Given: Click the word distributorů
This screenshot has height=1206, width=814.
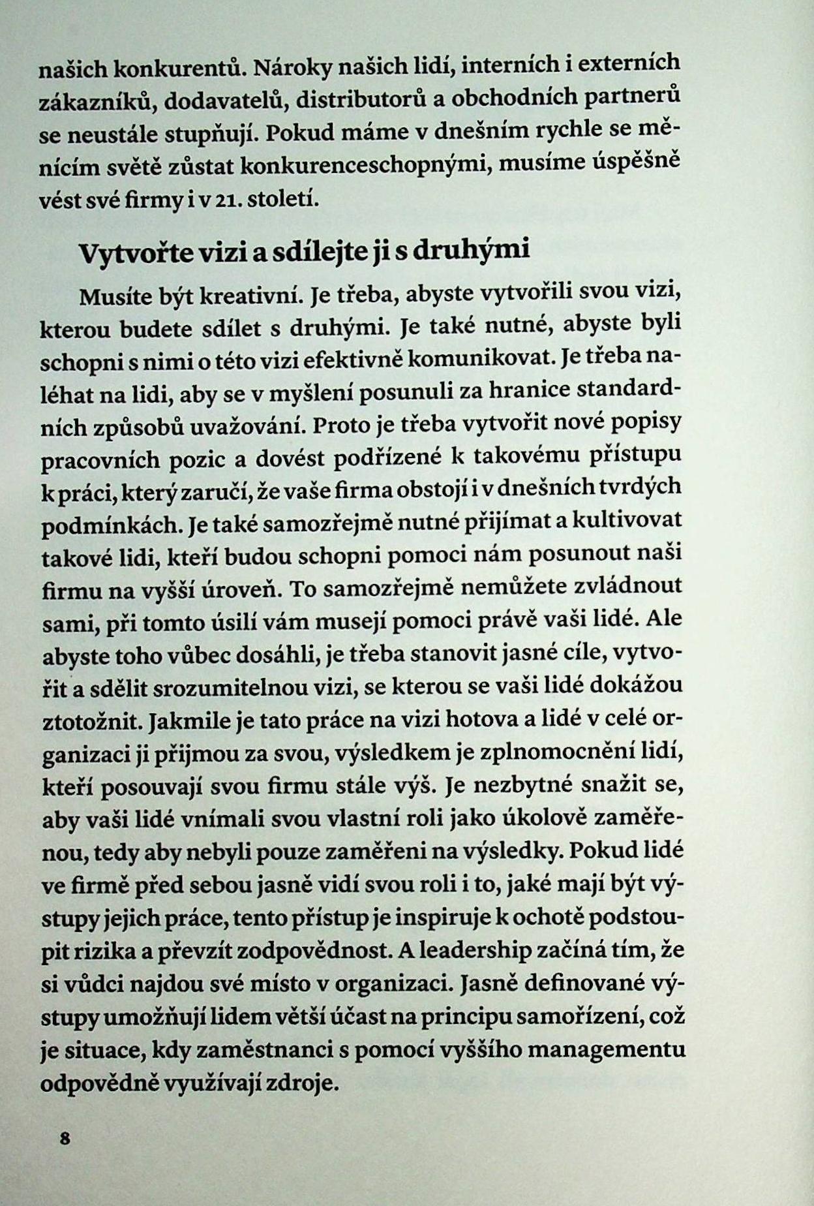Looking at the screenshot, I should [x=355, y=99].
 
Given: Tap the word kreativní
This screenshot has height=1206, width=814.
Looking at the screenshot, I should [x=248, y=296].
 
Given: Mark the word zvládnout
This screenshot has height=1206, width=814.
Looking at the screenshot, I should [x=627, y=585].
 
